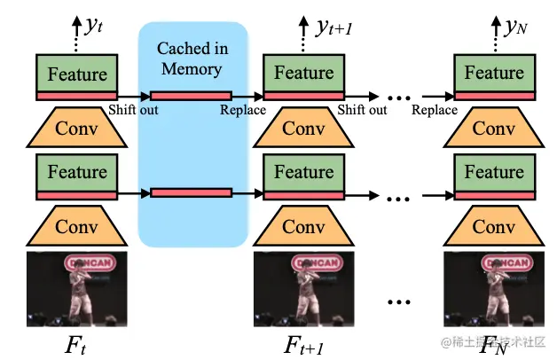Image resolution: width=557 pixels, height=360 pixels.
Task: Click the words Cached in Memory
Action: (x=192, y=57)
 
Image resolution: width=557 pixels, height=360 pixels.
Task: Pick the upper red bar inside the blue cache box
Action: (x=192, y=95)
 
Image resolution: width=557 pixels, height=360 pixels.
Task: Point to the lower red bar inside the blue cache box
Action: (x=192, y=192)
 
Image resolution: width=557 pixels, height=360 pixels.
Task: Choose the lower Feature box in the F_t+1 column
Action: (x=305, y=172)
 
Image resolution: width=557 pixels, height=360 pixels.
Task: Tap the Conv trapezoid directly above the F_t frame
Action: (x=76, y=227)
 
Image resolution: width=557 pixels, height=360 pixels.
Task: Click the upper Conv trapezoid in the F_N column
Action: (x=494, y=129)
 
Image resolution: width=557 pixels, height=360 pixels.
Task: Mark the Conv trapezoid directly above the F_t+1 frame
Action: (x=305, y=227)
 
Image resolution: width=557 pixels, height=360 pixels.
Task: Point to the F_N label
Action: (x=494, y=340)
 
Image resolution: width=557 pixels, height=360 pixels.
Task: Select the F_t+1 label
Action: (x=305, y=340)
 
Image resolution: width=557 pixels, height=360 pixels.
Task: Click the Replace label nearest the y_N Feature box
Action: (x=435, y=111)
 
